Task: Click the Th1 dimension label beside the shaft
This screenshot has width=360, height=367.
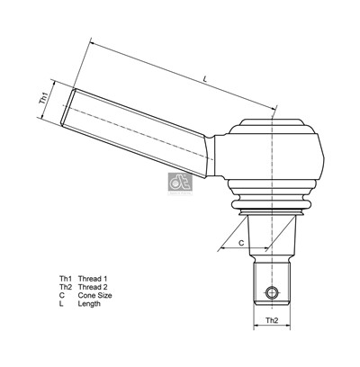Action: [x=43, y=100]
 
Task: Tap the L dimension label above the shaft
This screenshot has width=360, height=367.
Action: [x=206, y=81]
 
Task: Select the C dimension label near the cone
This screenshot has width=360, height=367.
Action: [x=241, y=242]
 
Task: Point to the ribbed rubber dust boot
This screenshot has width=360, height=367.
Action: [x=271, y=206]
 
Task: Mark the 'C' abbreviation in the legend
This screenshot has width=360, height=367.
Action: [x=61, y=295]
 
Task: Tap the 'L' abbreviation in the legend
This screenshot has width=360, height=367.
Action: [x=61, y=304]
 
